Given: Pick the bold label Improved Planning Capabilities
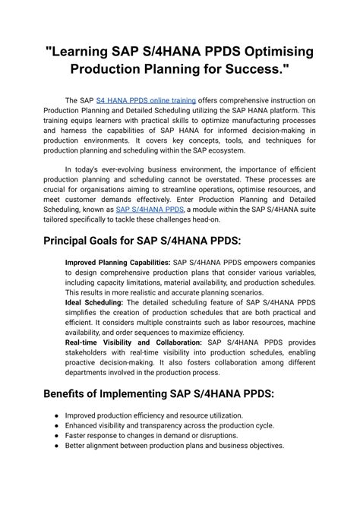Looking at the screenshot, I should pos(118,262).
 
